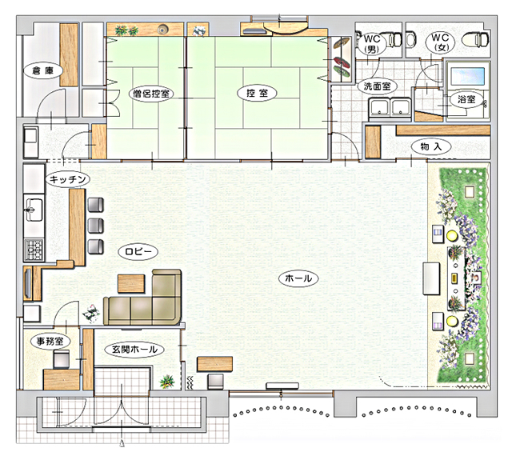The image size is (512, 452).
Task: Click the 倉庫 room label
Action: (42, 70)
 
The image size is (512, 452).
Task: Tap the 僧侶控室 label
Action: (151, 94)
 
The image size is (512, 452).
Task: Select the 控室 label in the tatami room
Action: (257, 93)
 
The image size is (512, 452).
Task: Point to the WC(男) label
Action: (372, 44)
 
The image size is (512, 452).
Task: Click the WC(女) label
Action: (440, 42)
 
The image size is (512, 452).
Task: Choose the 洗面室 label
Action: (377, 86)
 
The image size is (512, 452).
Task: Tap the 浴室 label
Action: (466, 99)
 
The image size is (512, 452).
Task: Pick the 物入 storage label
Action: (431, 146)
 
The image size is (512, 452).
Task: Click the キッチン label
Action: (67, 179)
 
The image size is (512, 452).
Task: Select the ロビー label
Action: (138, 251)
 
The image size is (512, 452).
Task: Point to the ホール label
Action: (298, 278)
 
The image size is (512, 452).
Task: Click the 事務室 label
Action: (50, 342)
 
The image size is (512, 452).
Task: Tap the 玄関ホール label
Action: (134, 350)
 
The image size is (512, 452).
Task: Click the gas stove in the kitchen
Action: (34, 250)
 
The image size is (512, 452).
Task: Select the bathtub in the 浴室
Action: (467, 76)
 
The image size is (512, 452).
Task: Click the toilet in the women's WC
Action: (476, 39)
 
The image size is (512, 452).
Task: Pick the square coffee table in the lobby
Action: (131, 283)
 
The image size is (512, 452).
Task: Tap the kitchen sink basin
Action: (34, 208)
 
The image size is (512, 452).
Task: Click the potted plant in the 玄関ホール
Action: (167, 382)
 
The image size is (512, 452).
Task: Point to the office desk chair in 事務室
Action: (61, 359)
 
